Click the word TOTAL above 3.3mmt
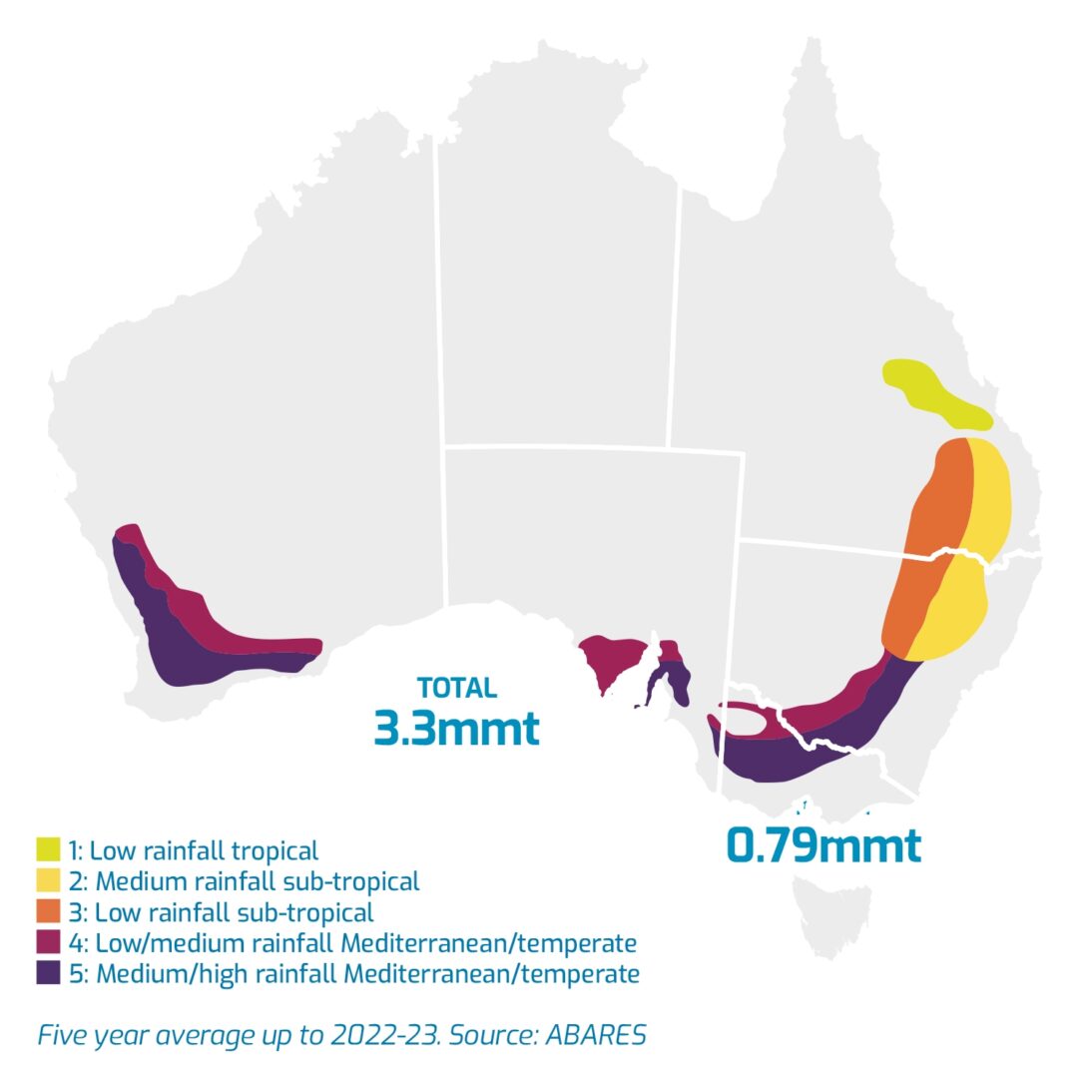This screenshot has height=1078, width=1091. (456, 688)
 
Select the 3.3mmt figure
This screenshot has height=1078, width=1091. (456, 728)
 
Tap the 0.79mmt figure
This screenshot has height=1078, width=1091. (822, 845)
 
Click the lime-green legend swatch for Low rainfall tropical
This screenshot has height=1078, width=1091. (48, 850)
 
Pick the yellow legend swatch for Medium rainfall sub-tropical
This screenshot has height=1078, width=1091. (48, 881)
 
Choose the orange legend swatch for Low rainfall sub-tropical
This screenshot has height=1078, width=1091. (48, 911)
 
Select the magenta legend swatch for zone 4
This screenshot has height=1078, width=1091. (48, 942)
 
